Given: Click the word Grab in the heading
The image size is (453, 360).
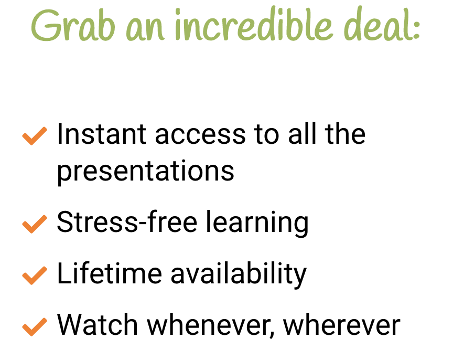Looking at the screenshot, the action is tap(73, 25).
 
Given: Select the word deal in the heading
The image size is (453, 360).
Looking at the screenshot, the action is tap(377, 23).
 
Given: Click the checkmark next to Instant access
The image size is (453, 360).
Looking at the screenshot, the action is tap(35, 135).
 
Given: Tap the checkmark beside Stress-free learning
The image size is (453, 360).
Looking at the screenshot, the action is tap(35, 224).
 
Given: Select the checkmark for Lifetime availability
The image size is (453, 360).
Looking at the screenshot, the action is tap(35, 276).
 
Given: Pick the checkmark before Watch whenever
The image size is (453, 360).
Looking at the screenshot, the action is tap(35, 327).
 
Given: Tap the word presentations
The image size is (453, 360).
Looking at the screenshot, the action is tap(146, 172).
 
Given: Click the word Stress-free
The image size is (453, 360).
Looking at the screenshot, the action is tap(127, 221).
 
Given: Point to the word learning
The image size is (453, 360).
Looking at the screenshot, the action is tap(257, 223).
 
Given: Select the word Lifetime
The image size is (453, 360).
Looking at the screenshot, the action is tap(110, 273).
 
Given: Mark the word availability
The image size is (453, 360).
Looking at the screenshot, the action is tap(239, 274).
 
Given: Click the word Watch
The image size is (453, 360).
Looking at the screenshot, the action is tap(98, 324).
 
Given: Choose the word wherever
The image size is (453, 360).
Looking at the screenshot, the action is tap(342, 324).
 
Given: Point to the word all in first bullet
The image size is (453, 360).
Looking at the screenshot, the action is tap(302, 133).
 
